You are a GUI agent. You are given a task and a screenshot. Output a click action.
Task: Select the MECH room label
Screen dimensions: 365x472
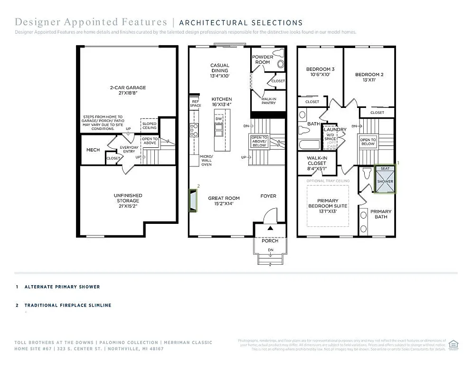(93, 150)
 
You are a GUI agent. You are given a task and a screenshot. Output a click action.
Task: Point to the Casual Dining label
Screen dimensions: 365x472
(220, 68)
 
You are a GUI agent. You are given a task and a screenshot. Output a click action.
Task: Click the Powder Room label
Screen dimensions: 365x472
(263, 59)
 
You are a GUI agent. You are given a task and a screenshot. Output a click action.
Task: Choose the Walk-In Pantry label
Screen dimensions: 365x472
(269, 100)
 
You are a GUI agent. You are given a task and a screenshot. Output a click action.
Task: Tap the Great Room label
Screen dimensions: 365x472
(224, 201)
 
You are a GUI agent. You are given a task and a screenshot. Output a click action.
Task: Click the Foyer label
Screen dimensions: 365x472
(268, 196)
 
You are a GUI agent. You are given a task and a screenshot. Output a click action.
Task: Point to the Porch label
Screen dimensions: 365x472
(270, 240)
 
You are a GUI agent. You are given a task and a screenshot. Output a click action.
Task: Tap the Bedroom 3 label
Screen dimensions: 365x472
(320, 72)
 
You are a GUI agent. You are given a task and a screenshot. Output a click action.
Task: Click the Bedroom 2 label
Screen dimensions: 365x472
(369, 77)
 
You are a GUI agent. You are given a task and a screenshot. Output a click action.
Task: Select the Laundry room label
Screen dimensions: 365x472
(335, 129)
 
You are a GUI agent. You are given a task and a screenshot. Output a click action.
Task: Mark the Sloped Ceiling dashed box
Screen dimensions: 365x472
(150, 125)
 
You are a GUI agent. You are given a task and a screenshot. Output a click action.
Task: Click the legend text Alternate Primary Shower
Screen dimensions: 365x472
(62, 287)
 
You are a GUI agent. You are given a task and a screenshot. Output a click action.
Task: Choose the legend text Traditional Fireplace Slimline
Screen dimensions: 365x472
(68, 305)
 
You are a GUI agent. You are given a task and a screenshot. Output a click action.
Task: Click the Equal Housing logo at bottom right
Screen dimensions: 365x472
(453, 344)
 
